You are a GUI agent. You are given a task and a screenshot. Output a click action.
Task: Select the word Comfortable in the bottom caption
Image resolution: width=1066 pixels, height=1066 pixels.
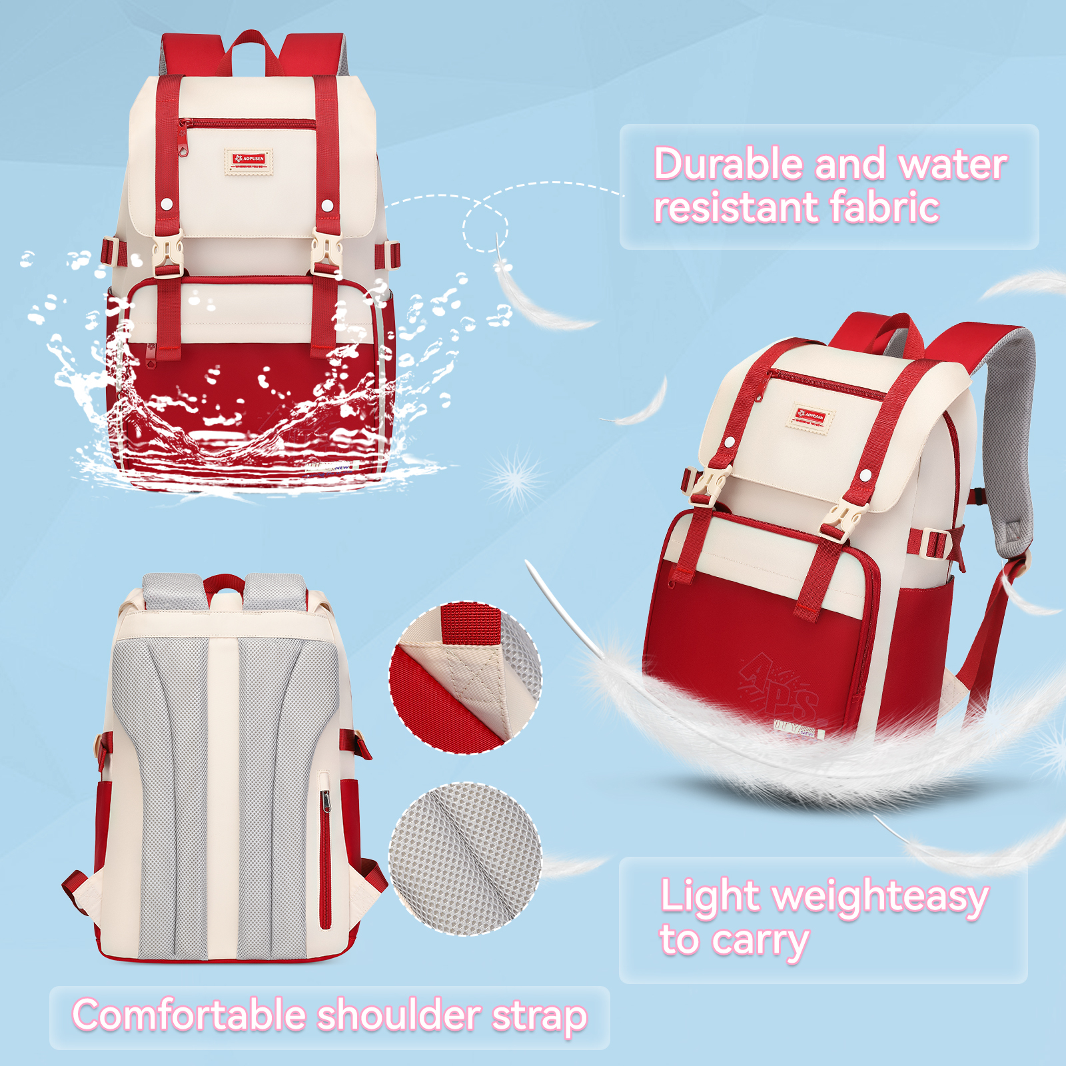click(x=189, y=1015)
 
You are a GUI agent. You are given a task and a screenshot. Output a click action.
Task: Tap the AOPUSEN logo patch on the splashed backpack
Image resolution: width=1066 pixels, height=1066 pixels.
click(x=249, y=160)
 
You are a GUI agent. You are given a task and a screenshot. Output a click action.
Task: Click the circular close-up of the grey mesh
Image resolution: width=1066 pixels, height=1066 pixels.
click(x=465, y=859)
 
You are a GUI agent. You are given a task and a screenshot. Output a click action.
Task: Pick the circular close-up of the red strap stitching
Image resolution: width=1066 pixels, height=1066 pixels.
click(x=465, y=678)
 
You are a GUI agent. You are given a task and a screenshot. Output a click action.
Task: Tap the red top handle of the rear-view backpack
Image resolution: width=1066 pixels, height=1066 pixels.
click(x=224, y=583)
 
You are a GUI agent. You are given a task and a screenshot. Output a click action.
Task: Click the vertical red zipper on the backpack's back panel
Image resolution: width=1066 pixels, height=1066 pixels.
click(x=325, y=859)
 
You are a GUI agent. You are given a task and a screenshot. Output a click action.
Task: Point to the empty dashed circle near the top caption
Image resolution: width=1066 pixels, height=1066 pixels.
click(x=486, y=227)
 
